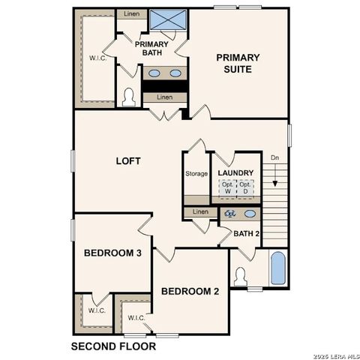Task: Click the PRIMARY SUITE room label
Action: coord(238,63)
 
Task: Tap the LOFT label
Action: coord(129,160)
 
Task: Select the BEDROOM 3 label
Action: coord(112,253)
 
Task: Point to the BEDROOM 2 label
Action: coord(190,292)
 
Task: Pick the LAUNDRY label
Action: coord(235,174)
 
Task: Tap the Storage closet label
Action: coord(196,174)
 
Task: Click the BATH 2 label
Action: coord(245,233)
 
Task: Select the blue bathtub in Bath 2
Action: coord(277,268)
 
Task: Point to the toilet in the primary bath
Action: coord(129,97)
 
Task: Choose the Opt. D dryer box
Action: coord(244,189)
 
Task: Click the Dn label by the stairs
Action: coord(275,158)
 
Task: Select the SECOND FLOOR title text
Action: coord(113,347)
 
